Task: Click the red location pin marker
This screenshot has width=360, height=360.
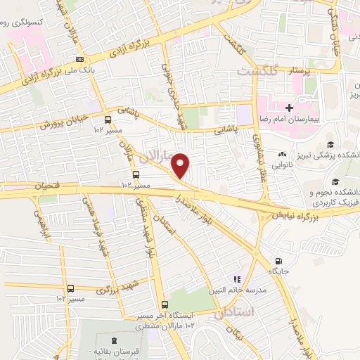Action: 181,166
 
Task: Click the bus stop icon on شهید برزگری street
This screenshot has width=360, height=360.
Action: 70,288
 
